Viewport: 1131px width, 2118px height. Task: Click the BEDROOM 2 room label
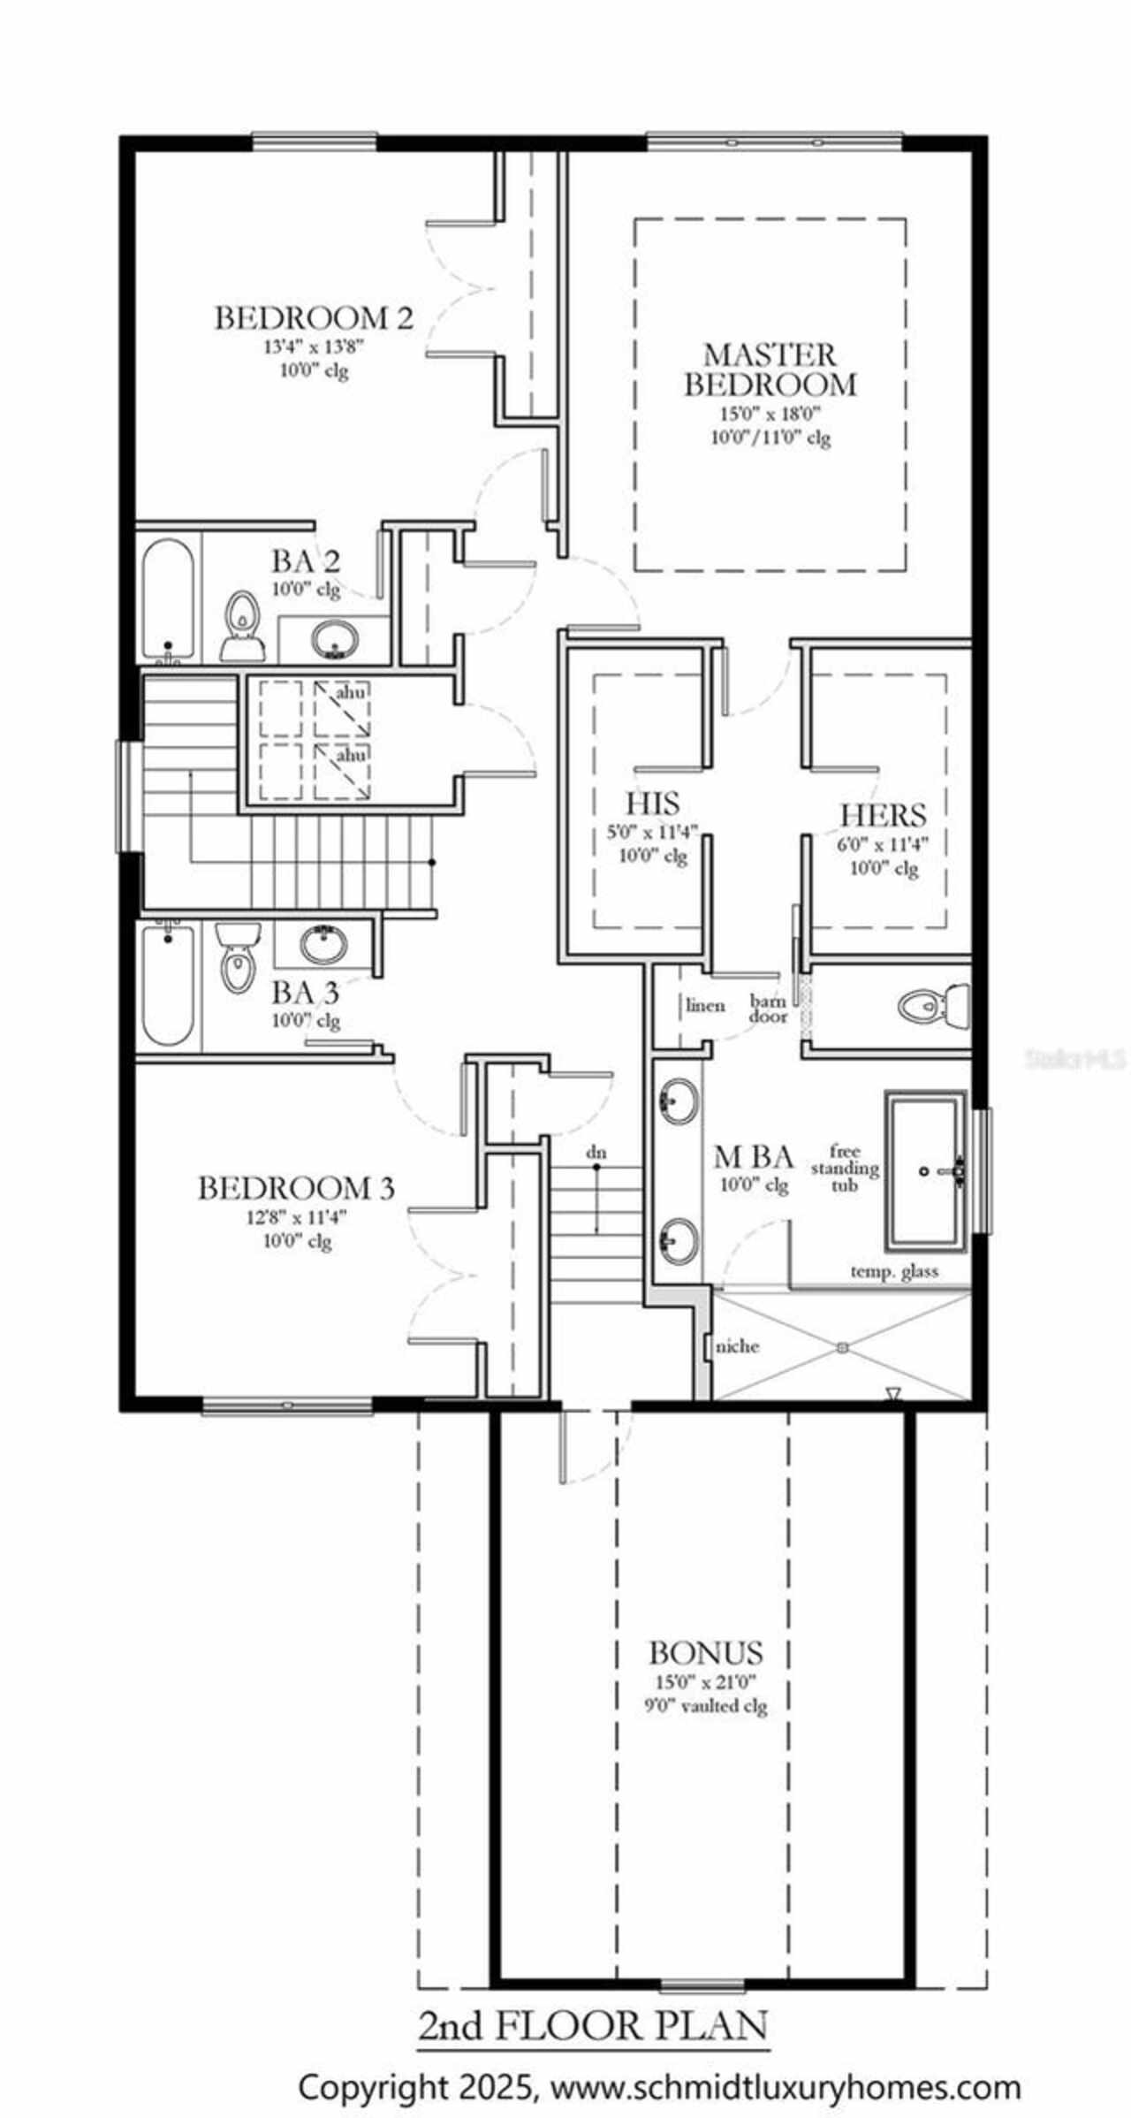click(314, 317)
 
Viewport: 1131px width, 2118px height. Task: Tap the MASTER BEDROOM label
click(770, 370)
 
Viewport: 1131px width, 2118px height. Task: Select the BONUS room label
click(705, 1652)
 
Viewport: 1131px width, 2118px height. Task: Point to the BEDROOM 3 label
click(295, 1188)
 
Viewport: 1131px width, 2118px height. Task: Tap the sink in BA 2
click(336, 637)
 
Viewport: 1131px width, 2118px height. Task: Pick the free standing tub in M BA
click(926, 1170)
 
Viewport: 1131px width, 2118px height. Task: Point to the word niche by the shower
click(737, 1346)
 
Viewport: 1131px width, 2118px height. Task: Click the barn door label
click(768, 1009)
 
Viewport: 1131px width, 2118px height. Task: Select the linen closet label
click(705, 1005)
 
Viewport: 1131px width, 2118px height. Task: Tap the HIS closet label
click(653, 804)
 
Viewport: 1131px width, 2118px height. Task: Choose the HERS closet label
click(883, 814)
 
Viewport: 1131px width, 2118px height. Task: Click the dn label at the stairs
click(596, 1153)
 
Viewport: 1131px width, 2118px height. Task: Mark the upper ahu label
click(351, 693)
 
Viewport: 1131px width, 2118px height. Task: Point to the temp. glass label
click(894, 1271)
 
